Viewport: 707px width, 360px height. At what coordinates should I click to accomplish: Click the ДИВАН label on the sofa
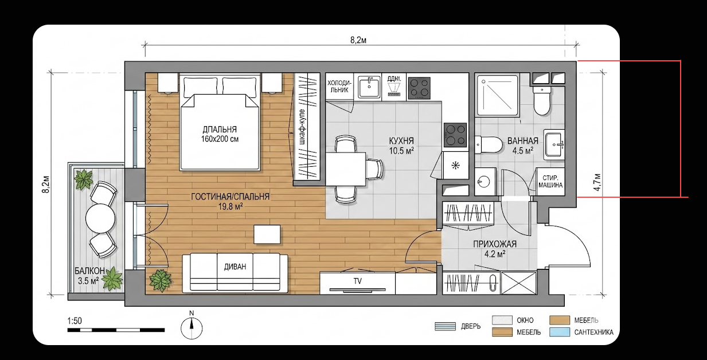pos(235,267)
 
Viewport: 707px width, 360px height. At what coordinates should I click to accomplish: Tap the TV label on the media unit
pos(357,281)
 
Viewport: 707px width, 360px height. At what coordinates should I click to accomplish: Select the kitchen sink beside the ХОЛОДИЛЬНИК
pos(368,87)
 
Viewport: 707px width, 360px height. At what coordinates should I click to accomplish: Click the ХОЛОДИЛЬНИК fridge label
pos(339,86)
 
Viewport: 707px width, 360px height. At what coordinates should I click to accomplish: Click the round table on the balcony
pos(100,218)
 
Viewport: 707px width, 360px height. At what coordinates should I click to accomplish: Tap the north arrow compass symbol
pos(192,326)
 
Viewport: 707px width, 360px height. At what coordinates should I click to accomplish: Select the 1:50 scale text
pos(75,321)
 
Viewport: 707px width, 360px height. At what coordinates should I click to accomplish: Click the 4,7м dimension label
pos(597,182)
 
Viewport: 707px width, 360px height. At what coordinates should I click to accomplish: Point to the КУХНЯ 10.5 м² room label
pos(401,146)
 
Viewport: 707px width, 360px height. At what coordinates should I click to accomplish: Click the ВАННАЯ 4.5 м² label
pos(523,146)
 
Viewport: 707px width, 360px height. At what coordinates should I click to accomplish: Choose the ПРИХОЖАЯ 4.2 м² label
pos(495,249)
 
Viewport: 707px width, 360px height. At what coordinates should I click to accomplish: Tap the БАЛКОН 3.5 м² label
pos(89,275)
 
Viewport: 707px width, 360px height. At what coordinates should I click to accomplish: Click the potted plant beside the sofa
pos(161,280)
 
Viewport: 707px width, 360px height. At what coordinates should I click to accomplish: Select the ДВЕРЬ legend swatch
pos(445,326)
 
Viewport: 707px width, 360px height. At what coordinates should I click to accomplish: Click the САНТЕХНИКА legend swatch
pos(560,332)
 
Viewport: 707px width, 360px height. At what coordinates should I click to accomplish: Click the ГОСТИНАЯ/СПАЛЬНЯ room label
pos(231,201)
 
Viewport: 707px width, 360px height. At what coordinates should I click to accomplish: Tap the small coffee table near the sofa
pos(267,234)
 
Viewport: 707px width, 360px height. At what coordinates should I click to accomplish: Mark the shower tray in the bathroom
pos(498,95)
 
